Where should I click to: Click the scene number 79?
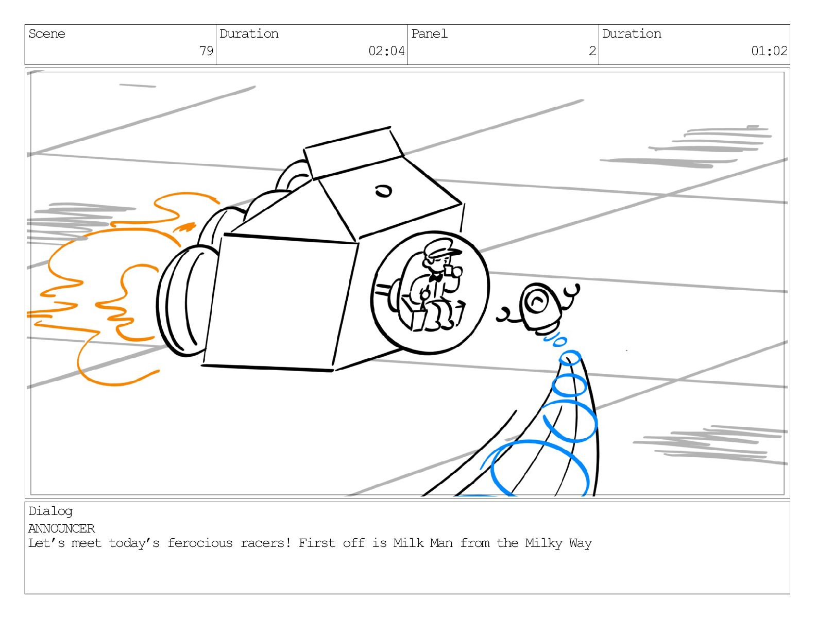tap(206, 51)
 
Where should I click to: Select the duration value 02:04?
tap(386, 51)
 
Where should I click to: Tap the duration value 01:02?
tap(769, 51)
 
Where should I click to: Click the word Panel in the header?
tap(429, 34)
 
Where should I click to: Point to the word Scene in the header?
tap(47, 34)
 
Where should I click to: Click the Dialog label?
tap(50, 511)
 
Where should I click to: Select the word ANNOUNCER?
tap(62, 529)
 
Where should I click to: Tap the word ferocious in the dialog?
tap(200, 543)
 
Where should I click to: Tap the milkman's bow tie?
tap(436, 278)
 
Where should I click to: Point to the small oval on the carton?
tap(383, 191)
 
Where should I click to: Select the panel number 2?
tap(592, 51)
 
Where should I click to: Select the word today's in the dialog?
tap(134, 543)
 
